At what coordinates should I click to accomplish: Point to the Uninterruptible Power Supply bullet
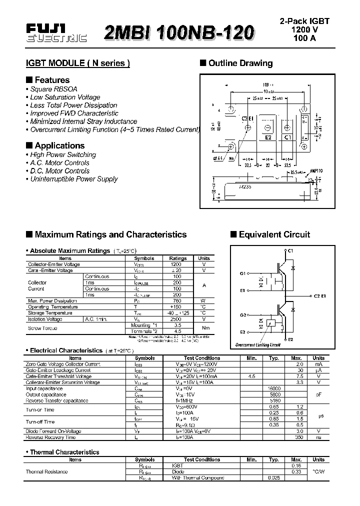click(x=74, y=179)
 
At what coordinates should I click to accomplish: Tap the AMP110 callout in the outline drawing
click(x=317, y=170)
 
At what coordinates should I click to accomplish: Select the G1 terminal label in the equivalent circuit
click(x=243, y=273)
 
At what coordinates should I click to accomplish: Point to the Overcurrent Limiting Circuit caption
click(x=258, y=345)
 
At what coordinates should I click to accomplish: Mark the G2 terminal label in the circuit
click(x=243, y=315)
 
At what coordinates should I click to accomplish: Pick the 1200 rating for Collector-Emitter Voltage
click(x=176, y=264)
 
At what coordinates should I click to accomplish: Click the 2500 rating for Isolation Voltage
click(x=176, y=319)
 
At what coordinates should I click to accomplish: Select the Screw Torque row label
click(x=42, y=328)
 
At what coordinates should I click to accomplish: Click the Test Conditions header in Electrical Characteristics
click(x=202, y=358)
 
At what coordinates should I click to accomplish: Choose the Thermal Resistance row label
click(x=46, y=471)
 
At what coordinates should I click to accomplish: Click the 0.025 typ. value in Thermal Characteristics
click(x=274, y=478)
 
